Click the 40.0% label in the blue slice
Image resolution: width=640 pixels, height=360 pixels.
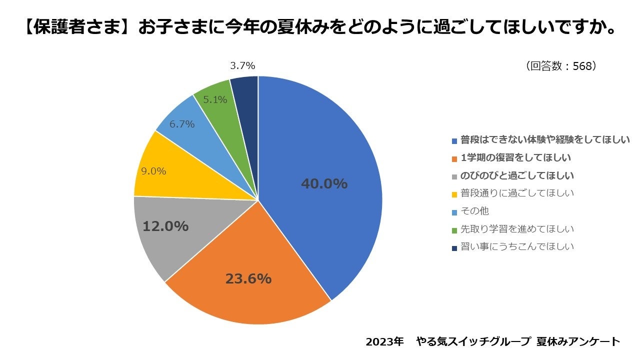[324, 184]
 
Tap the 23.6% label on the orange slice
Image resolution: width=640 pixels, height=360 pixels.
[248, 278]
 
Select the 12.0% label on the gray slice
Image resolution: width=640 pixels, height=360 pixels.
[165, 226]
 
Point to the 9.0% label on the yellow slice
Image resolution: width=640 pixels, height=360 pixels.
[153, 171]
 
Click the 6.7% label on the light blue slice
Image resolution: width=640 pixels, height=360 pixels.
[182, 124]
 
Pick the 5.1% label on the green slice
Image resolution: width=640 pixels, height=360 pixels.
[215, 99]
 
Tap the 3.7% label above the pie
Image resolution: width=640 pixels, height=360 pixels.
[242, 65]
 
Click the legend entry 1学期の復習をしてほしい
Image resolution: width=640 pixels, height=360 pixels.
[515, 158]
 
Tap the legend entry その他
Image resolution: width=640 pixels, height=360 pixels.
[474, 211]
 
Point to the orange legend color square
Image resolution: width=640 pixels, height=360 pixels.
[454, 158]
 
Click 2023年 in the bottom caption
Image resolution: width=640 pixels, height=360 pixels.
[384, 342]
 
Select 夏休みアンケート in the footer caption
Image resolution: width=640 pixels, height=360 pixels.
[578, 342]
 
